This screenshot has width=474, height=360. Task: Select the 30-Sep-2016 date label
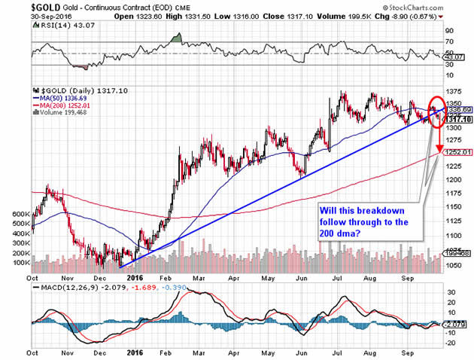(21, 14)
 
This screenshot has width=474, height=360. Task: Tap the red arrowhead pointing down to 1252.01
(436, 150)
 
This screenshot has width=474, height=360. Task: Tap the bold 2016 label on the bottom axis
(133, 352)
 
